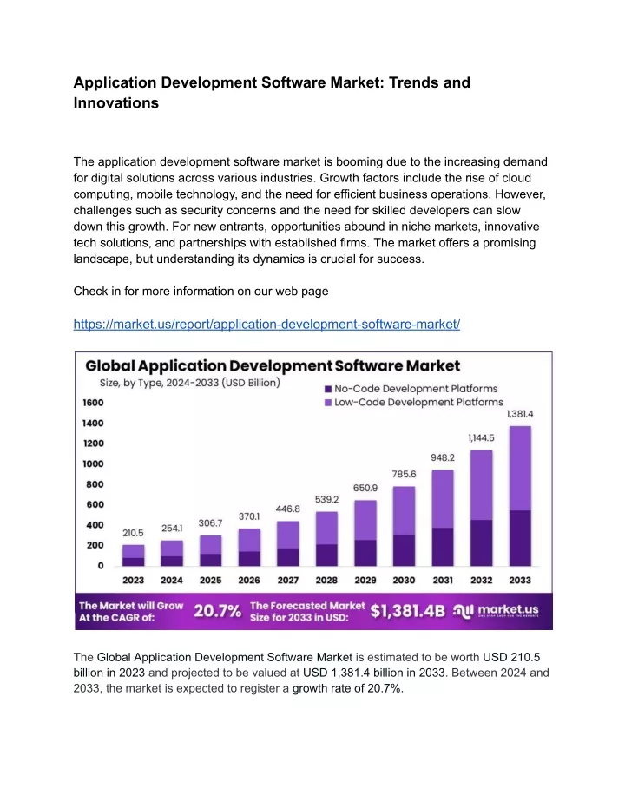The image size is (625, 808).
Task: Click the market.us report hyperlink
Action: click(x=266, y=324)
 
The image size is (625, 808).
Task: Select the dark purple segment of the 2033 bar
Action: click(x=520, y=538)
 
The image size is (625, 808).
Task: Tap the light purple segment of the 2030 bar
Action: click(x=404, y=510)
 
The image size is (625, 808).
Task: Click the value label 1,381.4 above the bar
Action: click(x=520, y=414)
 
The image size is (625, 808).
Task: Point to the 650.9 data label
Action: click(x=365, y=488)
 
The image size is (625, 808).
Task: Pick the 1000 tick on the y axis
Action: click(x=93, y=463)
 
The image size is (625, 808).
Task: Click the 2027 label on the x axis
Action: click(x=288, y=581)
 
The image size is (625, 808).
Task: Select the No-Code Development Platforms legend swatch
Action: click(x=328, y=389)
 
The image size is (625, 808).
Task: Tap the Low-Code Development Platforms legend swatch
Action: click(x=328, y=403)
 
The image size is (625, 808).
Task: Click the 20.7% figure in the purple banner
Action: click(x=217, y=611)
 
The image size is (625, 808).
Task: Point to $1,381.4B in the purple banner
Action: click(x=408, y=611)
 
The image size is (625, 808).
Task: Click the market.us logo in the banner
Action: click(x=496, y=611)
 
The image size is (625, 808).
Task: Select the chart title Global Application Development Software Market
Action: click(x=273, y=366)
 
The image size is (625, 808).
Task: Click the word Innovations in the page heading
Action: click(x=116, y=103)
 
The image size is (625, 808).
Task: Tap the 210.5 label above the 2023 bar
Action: click(x=133, y=533)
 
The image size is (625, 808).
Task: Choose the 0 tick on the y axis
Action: click(x=101, y=566)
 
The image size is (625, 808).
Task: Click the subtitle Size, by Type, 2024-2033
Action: click(x=189, y=383)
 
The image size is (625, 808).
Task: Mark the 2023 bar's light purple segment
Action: click(x=133, y=551)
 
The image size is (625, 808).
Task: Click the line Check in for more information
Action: click(x=201, y=291)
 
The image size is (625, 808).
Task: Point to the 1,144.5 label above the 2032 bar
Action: click(x=481, y=438)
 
